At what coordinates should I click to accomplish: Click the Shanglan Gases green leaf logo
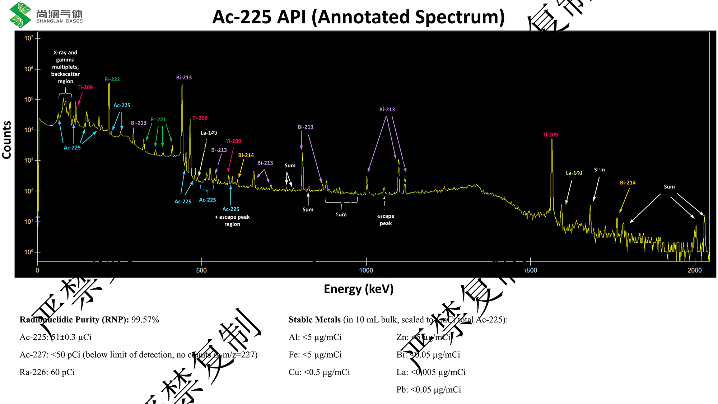tap(20, 14)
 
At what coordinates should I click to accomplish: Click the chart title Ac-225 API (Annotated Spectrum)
tap(358, 17)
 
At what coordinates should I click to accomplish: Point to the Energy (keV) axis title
tap(358, 289)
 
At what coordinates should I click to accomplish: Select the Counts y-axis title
tap(7, 140)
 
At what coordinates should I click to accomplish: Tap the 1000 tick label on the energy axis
tap(366, 270)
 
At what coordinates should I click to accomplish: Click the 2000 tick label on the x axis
tap(694, 270)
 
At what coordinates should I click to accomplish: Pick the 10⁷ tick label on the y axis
tap(29, 38)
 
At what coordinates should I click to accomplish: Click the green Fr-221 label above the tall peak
tap(112, 79)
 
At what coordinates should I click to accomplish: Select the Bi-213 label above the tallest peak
tap(184, 78)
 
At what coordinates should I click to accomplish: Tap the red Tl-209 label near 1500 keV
tap(550, 135)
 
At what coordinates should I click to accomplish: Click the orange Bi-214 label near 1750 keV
tap(628, 183)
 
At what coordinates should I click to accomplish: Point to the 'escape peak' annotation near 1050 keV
tap(386, 220)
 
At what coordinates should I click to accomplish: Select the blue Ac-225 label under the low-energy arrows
tap(72, 148)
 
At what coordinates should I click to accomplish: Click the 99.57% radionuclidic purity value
tap(145, 320)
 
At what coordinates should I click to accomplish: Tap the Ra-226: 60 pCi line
tap(47, 372)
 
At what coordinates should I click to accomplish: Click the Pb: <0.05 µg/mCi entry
tap(429, 390)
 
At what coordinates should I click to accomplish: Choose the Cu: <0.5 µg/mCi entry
tap(319, 372)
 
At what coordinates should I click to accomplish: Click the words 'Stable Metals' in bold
tap(314, 320)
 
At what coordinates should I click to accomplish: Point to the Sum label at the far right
tap(669, 187)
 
